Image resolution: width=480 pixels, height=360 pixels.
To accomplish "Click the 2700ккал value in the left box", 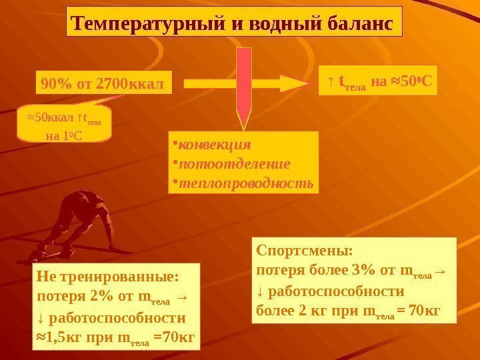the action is coord(131,85).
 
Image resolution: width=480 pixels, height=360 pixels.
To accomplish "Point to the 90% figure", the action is coord(55,85).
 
